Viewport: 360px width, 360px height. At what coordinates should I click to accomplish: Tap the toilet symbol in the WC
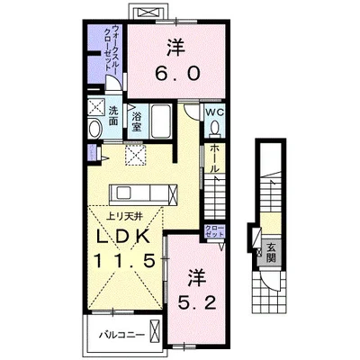(x=214, y=128)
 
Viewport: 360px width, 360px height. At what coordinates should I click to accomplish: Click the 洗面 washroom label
(x=113, y=117)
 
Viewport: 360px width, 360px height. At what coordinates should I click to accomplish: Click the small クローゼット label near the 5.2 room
(x=214, y=230)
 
